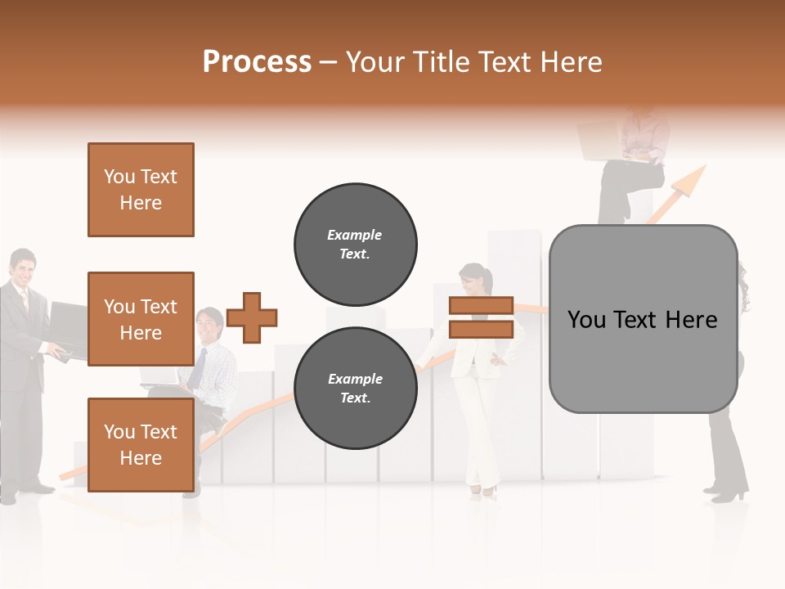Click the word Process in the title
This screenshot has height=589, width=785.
point(257,62)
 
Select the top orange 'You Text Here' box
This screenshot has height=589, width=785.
point(141,190)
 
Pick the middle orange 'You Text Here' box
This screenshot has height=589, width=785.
point(141,319)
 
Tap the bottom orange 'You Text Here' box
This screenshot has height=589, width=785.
point(141,444)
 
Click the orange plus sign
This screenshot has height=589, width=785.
point(252,317)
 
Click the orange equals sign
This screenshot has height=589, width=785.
point(481,317)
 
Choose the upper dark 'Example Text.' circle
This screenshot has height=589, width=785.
point(355,245)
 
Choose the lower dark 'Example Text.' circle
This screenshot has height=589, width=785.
point(355,389)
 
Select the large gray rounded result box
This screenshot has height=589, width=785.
point(643,319)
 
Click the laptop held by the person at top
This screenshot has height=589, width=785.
point(601,142)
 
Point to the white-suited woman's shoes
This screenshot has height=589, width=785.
point(482,489)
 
